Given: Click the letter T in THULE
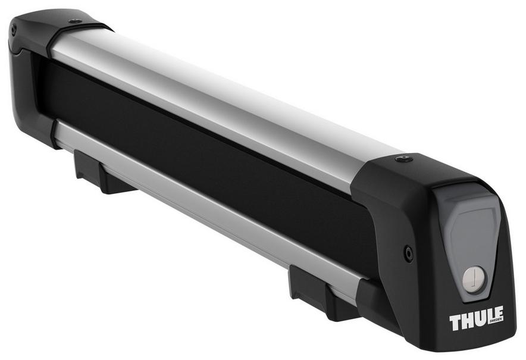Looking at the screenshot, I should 455,323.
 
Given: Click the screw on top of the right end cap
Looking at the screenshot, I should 405,159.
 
